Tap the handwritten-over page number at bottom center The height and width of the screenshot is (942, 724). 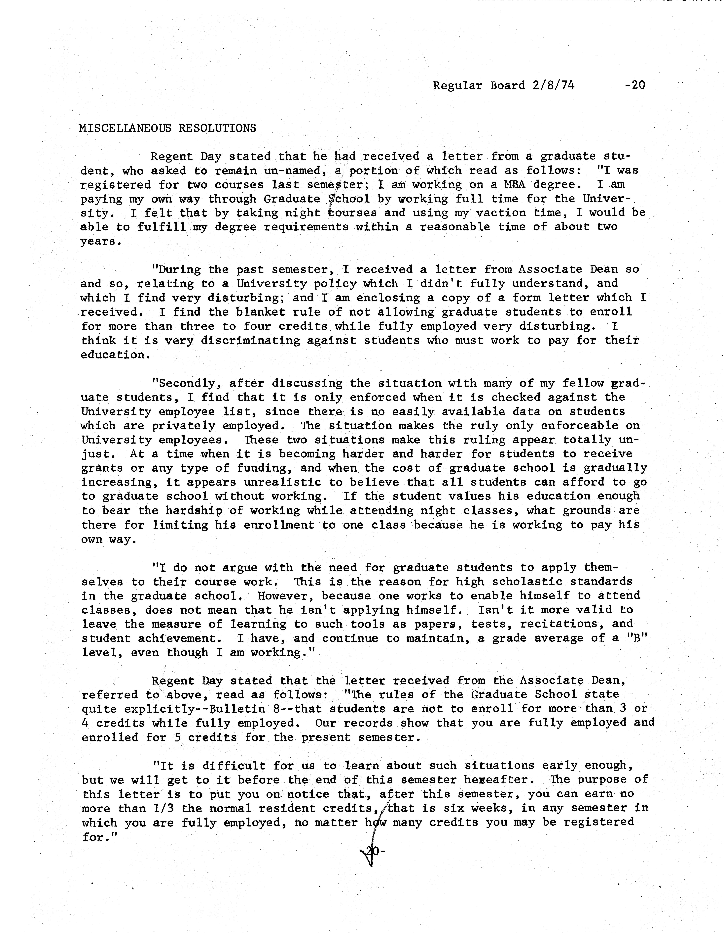[x=371, y=851]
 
